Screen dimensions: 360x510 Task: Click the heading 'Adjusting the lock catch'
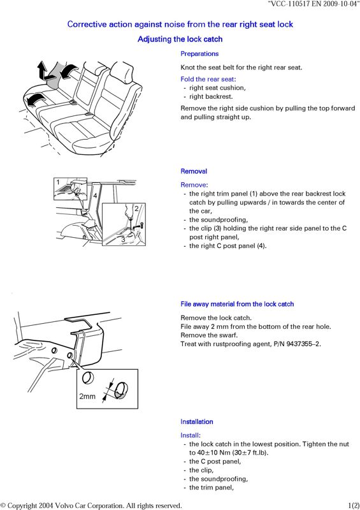pyautogui.click(x=180, y=40)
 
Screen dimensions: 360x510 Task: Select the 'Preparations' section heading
pyautogui.click(x=199, y=54)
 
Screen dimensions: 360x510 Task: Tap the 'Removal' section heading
pyautogui.click(x=194, y=171)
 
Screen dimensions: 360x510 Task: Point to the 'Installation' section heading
pyautogui.click(x=197, y=421)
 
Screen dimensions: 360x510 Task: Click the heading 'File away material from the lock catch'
pyautogui.click(x=237, y=304)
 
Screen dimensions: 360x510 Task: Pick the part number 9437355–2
pyautogui.click(x=303, y=344)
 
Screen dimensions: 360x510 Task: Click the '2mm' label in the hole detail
pyautogui.click(x=87, y=396)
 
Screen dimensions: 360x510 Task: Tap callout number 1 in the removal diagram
pyautogui.click(x=58, y=182)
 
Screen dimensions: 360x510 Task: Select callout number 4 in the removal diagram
pyautogui.click(x=95, y=196)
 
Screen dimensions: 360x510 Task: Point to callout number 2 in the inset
pyautogui.click(x=136, y=208)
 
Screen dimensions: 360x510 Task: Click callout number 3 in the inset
pyautogui.click(x=123, y=240)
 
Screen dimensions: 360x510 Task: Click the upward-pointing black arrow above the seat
pyautogui.click(x=43, y=69)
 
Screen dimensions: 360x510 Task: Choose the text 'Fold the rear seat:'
pyautogui.click(x=208, y=79)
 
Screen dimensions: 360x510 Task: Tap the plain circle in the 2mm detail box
pyautogui.click(x=88, y=378)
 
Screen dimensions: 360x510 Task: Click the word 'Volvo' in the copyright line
pyautogui.click(x=64, y=506)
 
